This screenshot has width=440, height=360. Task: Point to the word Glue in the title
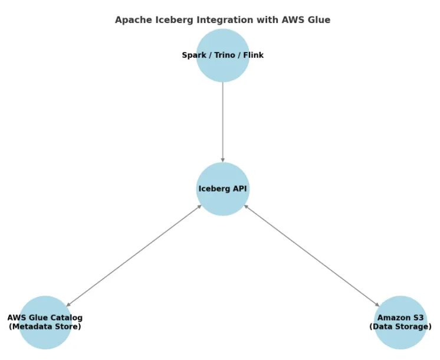(x=319, y=20)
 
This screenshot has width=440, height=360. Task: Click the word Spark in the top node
(x=195, y=55)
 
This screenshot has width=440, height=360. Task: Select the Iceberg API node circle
(x=223, y=201)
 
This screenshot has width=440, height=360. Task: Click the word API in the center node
(x=239, y=189)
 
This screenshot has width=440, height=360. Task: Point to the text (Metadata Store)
(x=45, y=326)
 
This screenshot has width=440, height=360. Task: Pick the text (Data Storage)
(x=400, y=326)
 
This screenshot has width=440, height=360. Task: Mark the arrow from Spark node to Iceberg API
(x=223, y=118)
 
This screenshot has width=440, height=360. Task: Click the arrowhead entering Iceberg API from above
(x=223, y=159)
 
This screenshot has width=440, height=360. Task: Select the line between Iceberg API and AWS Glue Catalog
(x=134, y=256)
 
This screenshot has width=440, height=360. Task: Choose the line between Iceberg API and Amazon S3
(x=312, y=256)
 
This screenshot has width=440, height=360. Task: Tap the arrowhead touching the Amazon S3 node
(x=377, y=305)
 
